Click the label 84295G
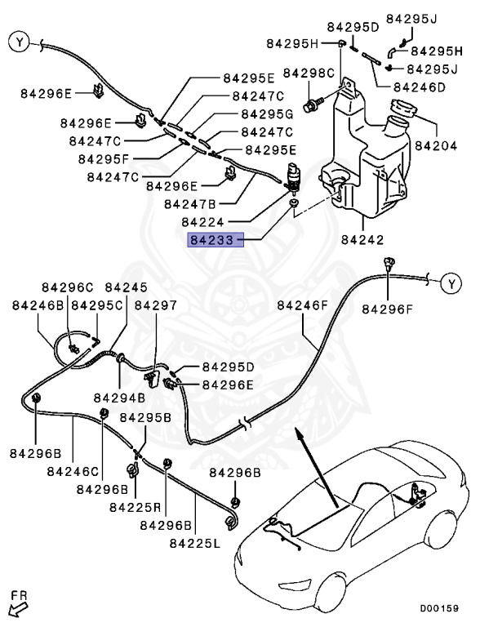pyautogui.click(x=267, y=113)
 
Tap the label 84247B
pyautogui.click(x=189, y=203)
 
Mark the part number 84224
pyautogui.click(x=203, y=222)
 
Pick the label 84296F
pyautogui.click(x=388, y=309)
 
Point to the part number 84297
pyautogui.click(x=155, y=305)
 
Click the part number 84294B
pyautogui.click(x=119, y=398)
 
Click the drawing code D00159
pyautogui.click(x=440, y=608)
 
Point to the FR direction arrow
pyautogui.click(x=18, y=606)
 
